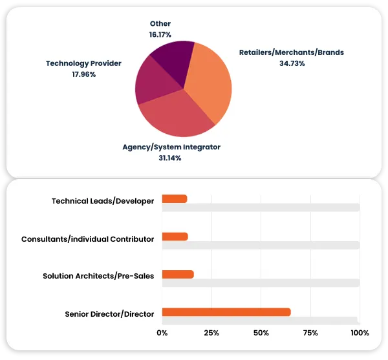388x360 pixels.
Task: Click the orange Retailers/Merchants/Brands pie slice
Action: coord(210,81)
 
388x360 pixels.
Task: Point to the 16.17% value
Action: coord(160,35)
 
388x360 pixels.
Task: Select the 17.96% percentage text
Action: coord(84,74)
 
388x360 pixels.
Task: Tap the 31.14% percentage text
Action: coord(171,158)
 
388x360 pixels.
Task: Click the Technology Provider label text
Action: coord(83,63)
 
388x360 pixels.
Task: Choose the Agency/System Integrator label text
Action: coord(171,147)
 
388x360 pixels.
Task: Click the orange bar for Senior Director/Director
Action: coord(226,312)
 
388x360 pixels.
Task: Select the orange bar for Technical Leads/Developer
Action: coord(175,198)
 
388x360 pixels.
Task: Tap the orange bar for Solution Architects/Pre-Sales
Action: coord(178,274)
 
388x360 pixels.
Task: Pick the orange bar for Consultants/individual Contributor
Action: coord(175,237)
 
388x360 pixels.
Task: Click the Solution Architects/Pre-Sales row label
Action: coord(98,276)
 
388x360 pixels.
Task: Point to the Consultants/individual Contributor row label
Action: coord(87,239)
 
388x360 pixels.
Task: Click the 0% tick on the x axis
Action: coord(162,333)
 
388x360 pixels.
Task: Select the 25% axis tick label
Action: coord(211,333)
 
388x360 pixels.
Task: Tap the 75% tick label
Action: coord(310,333)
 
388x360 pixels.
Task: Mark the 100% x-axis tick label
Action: coord(359,333)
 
